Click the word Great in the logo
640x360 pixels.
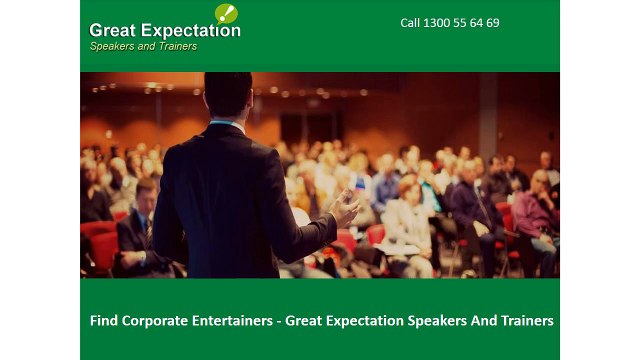(112, 30)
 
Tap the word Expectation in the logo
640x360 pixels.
(189, 30)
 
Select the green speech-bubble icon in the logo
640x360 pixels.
(226, 13)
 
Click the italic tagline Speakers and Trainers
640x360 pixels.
(143, 46)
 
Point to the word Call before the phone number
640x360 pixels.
(410, 23)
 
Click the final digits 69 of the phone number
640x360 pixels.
(493, 23)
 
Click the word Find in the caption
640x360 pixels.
(103, 321)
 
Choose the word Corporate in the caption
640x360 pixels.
(154, 321)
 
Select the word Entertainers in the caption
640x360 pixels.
(232, 321)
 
